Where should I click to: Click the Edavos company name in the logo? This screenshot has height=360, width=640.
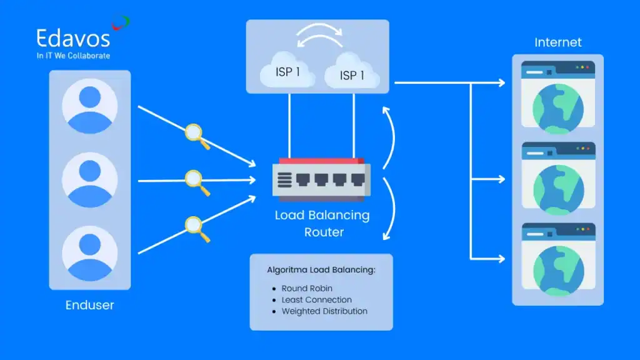[x=73, y=38]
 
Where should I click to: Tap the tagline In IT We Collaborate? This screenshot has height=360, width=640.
[x=73, y=56]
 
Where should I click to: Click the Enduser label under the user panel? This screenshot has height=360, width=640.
[x=90, y=306]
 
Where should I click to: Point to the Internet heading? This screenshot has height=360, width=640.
[x=558, y=42]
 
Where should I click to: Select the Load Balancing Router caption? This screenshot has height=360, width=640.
[x=322, y=224]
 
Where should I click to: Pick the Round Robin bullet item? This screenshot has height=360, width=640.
[x=307, y=289]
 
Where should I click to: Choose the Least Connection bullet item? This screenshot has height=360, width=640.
[x=316, y=300]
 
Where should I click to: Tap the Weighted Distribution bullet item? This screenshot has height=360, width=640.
[x=324, y=311]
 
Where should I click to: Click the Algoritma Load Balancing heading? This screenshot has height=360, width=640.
[x=321, y=270]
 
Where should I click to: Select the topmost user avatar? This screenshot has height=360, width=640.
[x=90, y=106]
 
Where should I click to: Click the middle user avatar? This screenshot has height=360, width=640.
[x=90, y=180]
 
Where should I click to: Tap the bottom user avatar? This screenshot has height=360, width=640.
[x=90, y=253]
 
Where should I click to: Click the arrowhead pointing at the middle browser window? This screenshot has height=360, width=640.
[x=501, y=179]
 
